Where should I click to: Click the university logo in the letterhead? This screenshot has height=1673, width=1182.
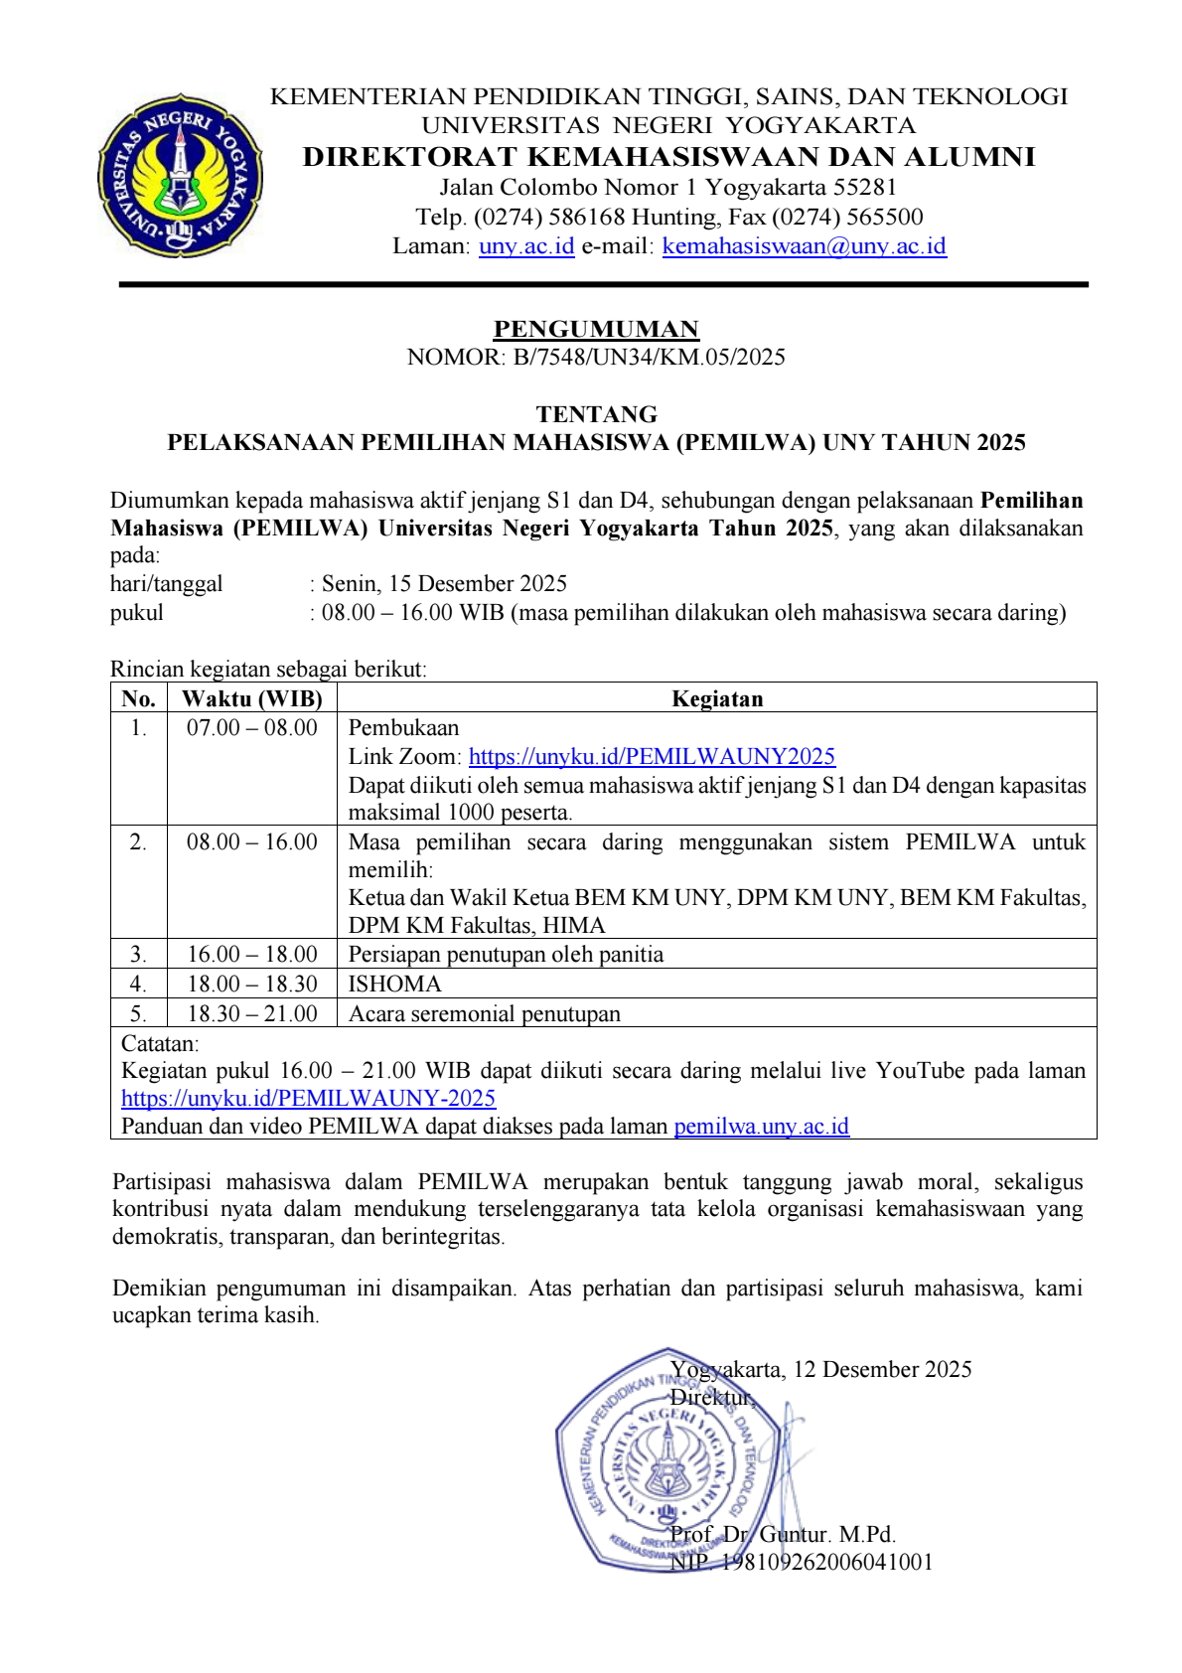(x=180, y=177)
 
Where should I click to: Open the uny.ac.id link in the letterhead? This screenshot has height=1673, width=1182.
(x=526, y=246)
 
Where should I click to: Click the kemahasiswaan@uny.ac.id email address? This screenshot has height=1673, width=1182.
(x=804, y=246)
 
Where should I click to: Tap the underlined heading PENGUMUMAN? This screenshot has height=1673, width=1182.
(x=596, y=329)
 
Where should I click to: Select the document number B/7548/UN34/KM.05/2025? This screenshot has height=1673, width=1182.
(x=649, y=358)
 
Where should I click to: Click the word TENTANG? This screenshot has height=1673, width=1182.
(x=596, y=414)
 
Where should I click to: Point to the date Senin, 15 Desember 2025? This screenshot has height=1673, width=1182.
(x=444, y=583)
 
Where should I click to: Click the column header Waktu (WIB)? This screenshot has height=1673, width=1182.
(x=252, y=698)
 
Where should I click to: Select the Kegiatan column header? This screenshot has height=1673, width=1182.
(x=717, y=698)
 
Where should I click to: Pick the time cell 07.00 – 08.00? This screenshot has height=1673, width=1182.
(x=252, y=728)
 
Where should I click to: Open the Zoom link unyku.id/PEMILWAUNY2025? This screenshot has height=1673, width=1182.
(x=652, y=757)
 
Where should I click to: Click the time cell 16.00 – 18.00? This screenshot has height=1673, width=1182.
(x=252, y=955)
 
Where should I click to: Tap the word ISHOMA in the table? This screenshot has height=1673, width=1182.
(x=395, y=985)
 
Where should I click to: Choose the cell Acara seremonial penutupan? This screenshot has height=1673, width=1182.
(x=485, y=1014)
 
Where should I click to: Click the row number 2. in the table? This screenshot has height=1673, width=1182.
(x=138, y=842)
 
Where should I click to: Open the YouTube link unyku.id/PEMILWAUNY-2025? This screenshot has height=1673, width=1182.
(x=308, y=1099)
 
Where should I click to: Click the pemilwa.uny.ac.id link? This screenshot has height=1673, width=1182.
(x=761, y=1127)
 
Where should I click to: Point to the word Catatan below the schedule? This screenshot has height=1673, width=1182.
(x=160, y=1044)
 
